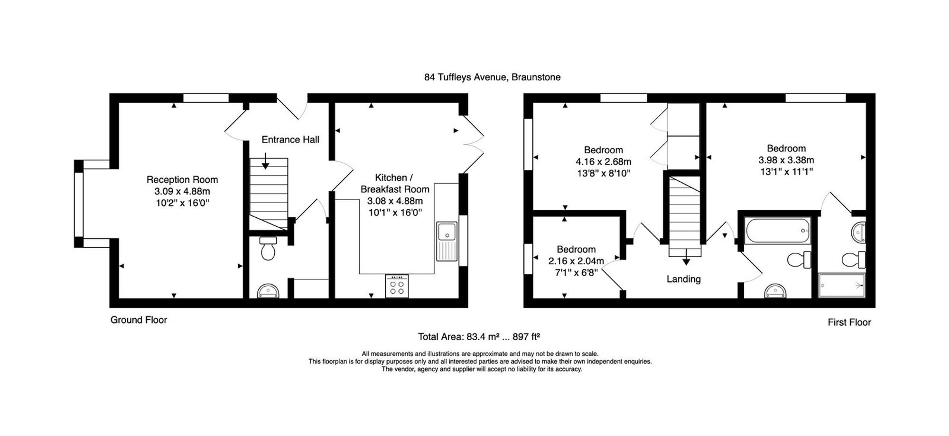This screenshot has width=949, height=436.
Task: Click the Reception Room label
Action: (x=182, y=180)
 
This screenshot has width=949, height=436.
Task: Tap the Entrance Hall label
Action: (x=290, y=139)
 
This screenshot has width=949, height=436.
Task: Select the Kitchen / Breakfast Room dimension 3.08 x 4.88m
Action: (x=395, y=201)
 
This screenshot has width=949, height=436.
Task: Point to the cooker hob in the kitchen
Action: (x=397, y=286)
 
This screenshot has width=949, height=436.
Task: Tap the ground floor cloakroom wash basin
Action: (x=268, y=291)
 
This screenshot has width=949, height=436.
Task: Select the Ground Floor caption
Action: (x=139, y=320)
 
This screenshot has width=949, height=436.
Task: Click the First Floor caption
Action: (x=849, y=322)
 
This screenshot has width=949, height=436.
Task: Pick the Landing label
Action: (x=683, y=279)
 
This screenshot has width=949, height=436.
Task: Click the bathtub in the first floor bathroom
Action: (x=777, y=231)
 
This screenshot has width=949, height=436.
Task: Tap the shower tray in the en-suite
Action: (x=842, y=285)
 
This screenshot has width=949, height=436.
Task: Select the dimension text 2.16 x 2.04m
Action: (x=576, y=261)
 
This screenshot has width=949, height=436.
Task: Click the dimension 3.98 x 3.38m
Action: (x=786, y=160)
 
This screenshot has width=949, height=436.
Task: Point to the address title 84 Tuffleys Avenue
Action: (x=465, y=77)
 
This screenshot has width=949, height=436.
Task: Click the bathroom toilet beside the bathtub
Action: (x=800, y=260)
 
